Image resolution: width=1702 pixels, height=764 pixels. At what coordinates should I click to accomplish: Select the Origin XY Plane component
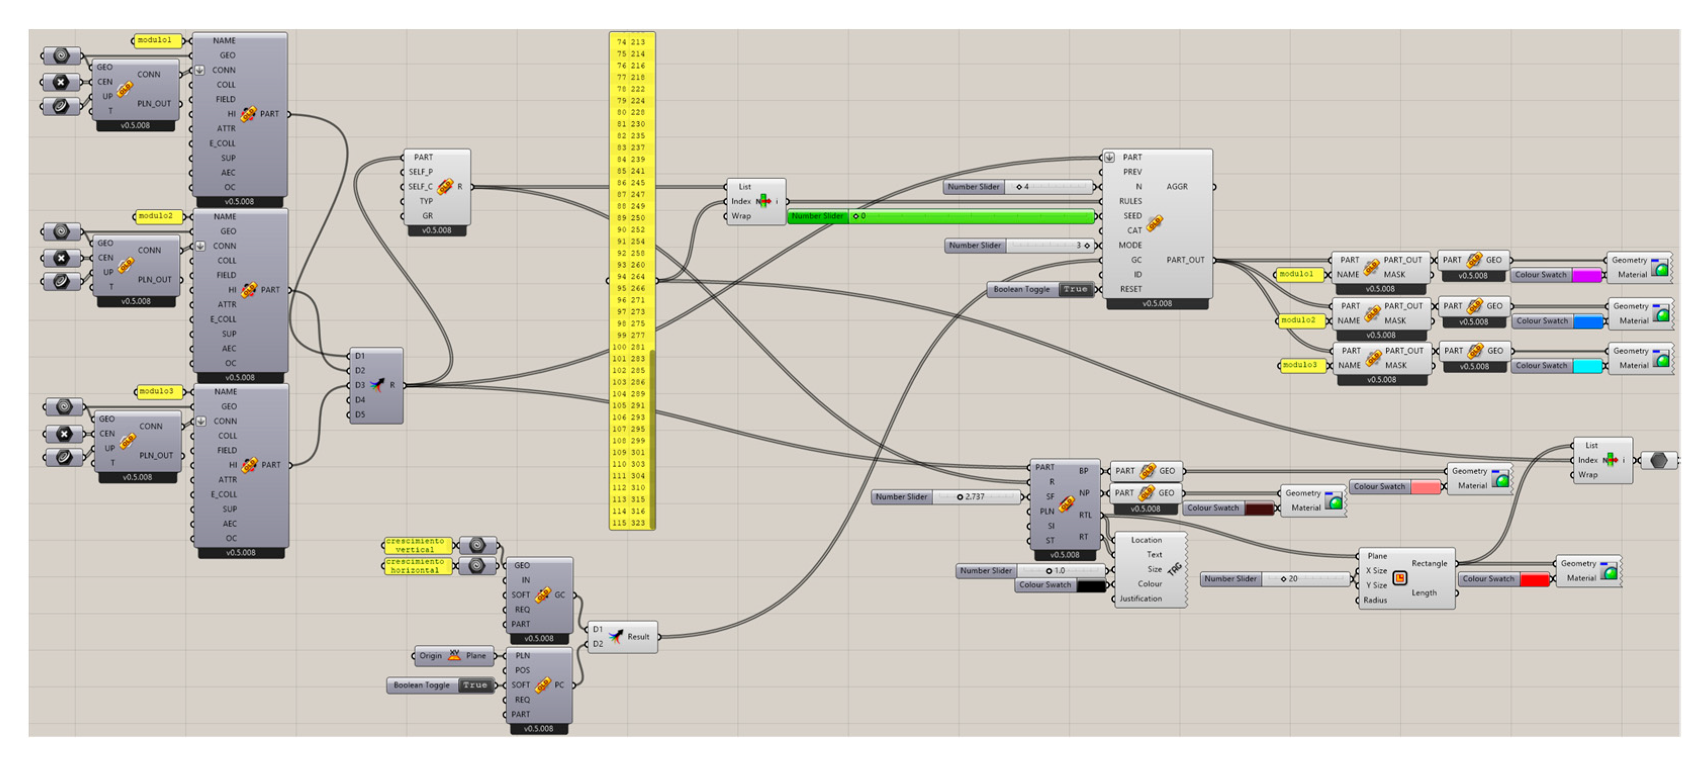454,656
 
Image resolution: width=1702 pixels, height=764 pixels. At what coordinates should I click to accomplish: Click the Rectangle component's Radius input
1375,600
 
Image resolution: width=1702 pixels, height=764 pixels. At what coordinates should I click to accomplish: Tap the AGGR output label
1177,187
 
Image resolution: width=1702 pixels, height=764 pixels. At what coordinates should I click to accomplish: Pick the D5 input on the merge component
360,415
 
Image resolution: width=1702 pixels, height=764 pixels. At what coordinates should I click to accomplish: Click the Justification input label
1141,599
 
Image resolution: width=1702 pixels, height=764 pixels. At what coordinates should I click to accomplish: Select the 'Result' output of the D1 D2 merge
638,637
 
